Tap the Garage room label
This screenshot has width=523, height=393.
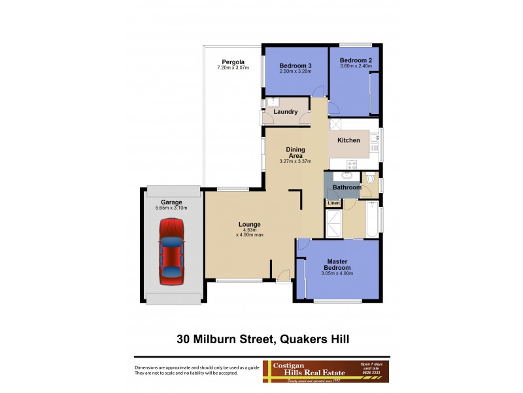(x=171, y=202)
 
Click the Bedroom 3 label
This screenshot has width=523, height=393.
(x=295, y=65)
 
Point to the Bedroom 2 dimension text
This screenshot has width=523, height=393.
(x=356, y=65)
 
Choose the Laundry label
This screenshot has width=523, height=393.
(x=286, y=112)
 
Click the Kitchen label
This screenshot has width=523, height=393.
(x=348, y=140)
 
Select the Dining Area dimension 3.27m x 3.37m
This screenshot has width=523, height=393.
(x=295, y=162)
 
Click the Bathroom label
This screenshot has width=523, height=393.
(x=346, y=188)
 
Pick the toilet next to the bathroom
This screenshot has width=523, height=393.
(x=370, y=179)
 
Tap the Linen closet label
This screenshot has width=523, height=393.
(x=333, y=203)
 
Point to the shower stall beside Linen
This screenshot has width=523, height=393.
(x=334, y=225)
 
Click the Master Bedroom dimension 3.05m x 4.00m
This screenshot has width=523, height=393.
(x=337, y=274)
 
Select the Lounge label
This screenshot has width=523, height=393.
(x=249, y=225)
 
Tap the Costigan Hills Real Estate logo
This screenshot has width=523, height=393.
(x=325, y=371)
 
